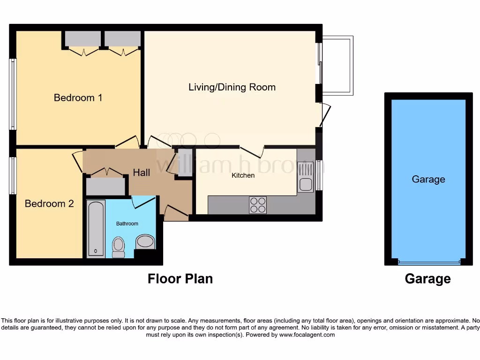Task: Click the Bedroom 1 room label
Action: tap(78, 98)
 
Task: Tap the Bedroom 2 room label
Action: tap(49, 204)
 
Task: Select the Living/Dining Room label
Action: tap(232, 87)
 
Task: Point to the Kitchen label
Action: tap(244, 175)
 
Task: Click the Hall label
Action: tap(142, 172)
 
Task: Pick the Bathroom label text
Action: tap(127, 224)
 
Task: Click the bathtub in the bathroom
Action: tap(96, 229)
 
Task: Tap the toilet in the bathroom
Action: tap(118, 247)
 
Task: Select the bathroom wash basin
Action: tap(145, 242)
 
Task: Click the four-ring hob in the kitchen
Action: tap(258, 205)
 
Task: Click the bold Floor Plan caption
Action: tap(180, 279)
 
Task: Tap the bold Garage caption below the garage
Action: tap(427, 279)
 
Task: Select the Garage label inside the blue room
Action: tap(428, 180)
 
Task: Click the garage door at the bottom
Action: tap(428, 262)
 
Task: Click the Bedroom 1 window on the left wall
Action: tap(13, 94)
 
